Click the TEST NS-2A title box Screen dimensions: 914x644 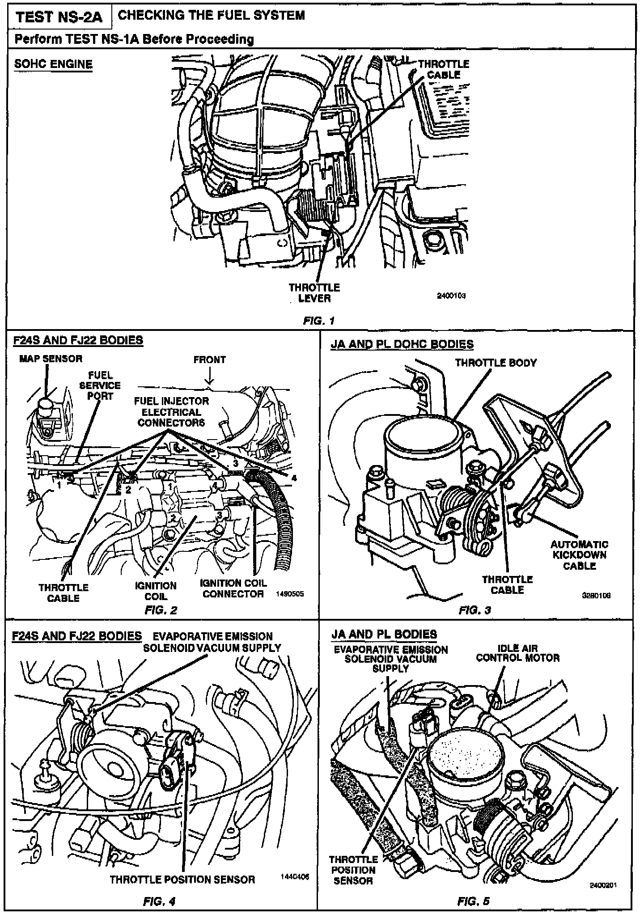(x=59, y=17)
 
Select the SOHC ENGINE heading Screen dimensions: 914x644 (x=53, y=64)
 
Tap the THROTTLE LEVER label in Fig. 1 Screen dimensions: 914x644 (x=314, y=292)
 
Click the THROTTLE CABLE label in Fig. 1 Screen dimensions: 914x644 (x=444, y=69)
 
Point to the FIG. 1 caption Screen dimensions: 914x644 (x=318, y=321)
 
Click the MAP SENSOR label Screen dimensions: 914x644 (x=51, y=358)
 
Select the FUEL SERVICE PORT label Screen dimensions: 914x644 (x=100, y=385)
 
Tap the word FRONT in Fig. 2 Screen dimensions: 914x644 (x=209, y=360)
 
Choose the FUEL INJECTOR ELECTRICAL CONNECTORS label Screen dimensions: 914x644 (x=171, y=412)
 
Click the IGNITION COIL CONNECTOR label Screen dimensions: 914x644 (x=233, y=588)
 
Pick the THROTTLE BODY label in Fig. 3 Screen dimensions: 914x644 (x=496, y=363)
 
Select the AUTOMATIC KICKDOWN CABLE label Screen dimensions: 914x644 (x=579, y=555)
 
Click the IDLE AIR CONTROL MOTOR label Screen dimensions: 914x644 (x=517, y=653)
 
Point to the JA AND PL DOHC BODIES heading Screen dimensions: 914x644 (x=402, y=344)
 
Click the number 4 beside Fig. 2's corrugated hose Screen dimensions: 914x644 (x=294, y=478)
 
